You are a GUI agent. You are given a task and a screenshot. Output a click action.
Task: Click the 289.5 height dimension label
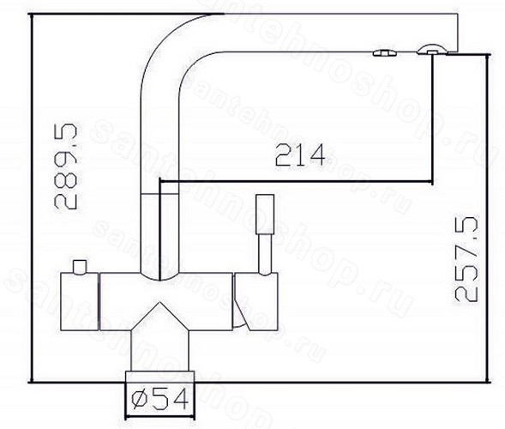point(66,166)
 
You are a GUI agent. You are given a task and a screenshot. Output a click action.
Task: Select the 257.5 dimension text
point(466,260)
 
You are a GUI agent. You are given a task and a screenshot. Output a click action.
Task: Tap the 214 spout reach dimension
point(300,155)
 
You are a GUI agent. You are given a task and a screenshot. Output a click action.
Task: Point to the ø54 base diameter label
point(160,400)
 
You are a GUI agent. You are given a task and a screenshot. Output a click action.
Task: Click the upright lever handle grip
point(265,214)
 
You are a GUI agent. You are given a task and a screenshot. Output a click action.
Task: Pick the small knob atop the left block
point(80,267)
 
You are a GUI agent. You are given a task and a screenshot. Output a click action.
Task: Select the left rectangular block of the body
point(79,302)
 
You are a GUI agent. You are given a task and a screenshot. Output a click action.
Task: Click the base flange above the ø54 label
point(160,377)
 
